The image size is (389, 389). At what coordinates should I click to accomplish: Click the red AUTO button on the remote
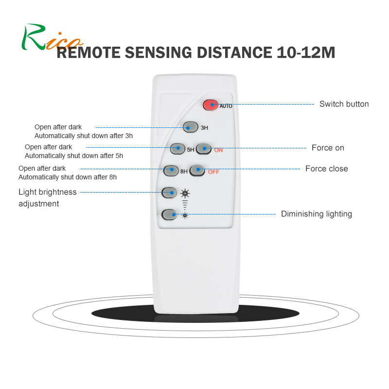pos(211,105)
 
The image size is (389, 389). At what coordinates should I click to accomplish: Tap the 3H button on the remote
pos(190,127)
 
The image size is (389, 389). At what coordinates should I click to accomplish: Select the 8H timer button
pos(171,171)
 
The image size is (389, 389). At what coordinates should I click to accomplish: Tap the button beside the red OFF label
pos(197,170)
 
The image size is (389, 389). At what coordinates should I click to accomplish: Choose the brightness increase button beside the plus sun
pos(169,193)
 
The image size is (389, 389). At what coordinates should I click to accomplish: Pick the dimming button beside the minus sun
pos(169,214)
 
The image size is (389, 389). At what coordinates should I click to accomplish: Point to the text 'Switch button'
pos(344,104)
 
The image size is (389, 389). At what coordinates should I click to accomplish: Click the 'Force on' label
pos(328,148)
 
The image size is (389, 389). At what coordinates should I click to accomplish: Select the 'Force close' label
pos(326,169)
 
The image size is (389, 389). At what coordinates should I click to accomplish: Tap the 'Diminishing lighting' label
pos(316,214)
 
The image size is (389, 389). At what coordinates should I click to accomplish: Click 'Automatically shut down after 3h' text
pos(83,136)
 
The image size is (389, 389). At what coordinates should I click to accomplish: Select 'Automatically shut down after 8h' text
pos(67,177)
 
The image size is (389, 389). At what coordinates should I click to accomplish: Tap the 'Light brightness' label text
pos(47,192)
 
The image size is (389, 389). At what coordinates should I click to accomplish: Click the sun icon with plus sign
pos(185,193)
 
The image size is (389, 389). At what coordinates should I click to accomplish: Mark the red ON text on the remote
pos(218,150)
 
